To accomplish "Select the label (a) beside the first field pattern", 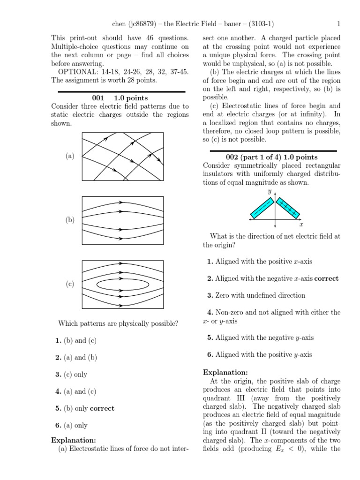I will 70,156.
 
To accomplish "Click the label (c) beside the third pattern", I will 70,284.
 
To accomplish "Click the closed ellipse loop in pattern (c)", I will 123,284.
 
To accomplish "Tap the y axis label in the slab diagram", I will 270,192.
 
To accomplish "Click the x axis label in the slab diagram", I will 301,225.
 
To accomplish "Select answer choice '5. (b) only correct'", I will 84,408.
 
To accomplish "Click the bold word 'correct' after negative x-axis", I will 326,278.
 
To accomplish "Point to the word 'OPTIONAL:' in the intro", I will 74,71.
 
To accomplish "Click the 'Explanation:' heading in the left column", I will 73,440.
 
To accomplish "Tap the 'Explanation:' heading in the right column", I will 225,372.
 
